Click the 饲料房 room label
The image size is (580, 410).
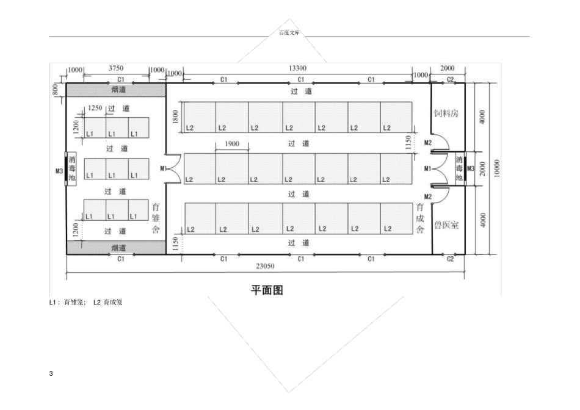click(446, 113)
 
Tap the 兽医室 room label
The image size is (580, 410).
click(446, 225)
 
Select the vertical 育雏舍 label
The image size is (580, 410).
click(156, 218)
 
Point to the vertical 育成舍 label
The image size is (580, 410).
click(420, 218)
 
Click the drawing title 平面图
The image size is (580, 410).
click(267, 290)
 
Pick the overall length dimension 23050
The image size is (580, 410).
click(265, 266)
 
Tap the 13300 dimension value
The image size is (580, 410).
click(297, 68)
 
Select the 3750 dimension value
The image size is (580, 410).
click(116, 68)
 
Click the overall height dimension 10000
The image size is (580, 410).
click(497, 168)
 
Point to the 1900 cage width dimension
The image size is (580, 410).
click(232, 143)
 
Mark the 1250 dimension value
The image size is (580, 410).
click(95, 108)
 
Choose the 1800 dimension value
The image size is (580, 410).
click(176, 117)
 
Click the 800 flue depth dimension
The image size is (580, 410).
click(55, 89)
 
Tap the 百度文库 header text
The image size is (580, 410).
click(289, 33)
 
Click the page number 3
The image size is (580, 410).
click(51, 373)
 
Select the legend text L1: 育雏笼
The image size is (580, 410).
click(68, 303)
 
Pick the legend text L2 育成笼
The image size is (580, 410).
click(107, 303)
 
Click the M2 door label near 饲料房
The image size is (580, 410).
click(428, 143)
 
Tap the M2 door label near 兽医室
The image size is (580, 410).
click(428, 196)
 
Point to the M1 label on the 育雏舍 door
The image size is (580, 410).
click(163, 168)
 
